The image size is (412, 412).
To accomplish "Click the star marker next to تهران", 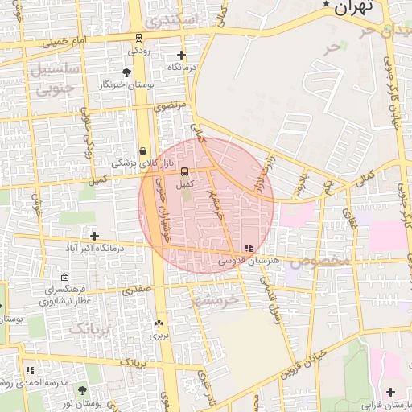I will click(326, 5).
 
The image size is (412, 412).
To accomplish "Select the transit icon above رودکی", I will click(138, 38).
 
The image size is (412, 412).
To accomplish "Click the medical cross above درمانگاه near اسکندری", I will click(181, 56).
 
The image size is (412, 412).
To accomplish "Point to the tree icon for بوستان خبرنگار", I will click(127, 73).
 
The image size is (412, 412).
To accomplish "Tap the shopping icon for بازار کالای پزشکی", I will click(142, 150).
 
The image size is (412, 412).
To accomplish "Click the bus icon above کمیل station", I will click(186, 171).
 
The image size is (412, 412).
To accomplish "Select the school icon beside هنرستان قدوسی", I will click(249, 248).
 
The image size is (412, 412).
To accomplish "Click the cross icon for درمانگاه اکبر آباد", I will click(95, 236).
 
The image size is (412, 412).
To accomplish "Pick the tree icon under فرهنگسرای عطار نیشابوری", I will click(42, 303).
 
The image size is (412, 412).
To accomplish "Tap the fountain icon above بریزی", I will click(157, 323).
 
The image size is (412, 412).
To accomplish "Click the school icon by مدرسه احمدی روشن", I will click(30, 370).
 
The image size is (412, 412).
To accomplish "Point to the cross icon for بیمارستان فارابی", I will click(390, 392).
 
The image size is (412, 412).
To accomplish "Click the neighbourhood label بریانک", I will click(86, 328).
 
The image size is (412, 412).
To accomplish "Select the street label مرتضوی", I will click(171, 105).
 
